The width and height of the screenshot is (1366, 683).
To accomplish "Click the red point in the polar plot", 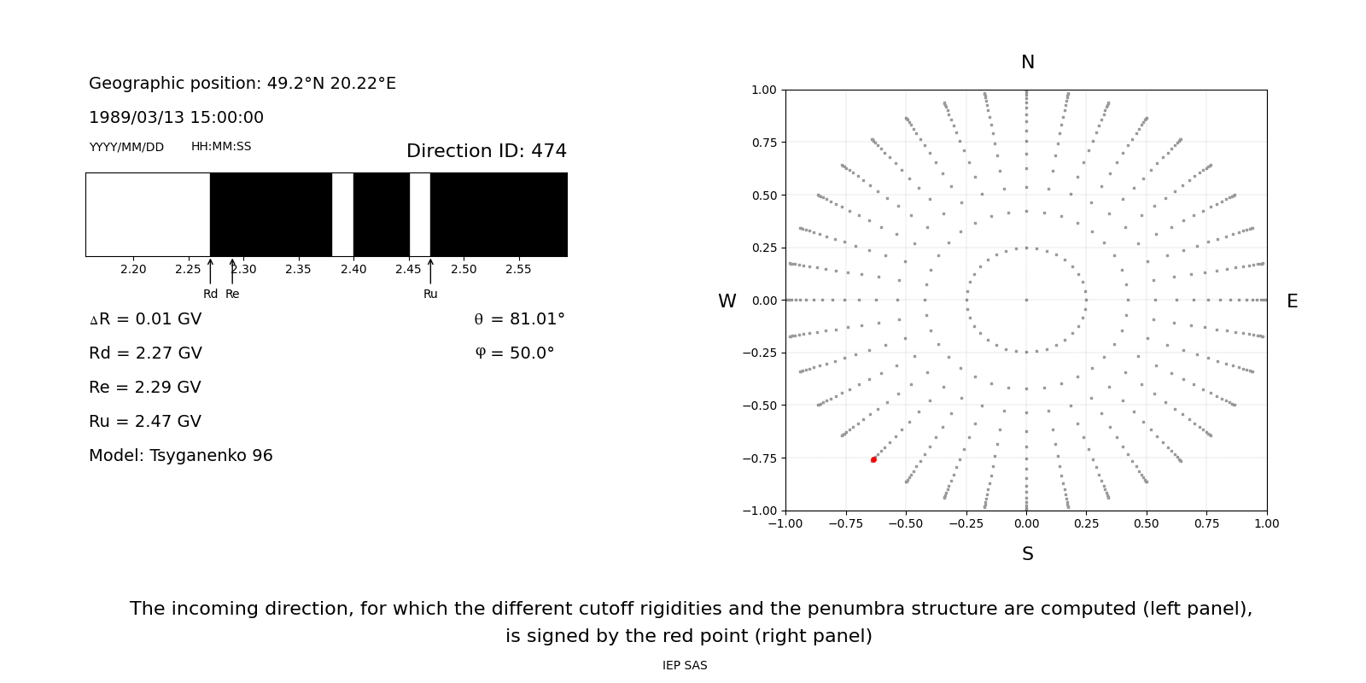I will click(873, 459).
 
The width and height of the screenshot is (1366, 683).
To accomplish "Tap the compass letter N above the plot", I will click(1027, 62).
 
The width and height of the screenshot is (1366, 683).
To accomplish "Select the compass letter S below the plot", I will click(1027, 554).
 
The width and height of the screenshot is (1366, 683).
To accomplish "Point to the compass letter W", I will click(727, 301).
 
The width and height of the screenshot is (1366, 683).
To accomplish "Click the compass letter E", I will click(1292, 301).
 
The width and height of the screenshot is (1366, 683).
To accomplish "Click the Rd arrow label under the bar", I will click(210, 294).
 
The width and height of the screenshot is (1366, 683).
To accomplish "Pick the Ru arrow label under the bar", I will click(430, 294).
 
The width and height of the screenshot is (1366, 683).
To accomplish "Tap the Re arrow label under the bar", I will click(232, 294).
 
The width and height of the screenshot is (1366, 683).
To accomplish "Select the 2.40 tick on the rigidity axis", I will click(353, 269).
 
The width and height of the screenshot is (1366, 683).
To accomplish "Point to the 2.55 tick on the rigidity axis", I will click(518, 269).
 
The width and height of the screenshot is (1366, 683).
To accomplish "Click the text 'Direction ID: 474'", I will click(486, 151).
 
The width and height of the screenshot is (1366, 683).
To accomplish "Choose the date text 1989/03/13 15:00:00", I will click(176, 118).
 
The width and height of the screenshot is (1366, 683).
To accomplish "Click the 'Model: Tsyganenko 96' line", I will click(180, 456).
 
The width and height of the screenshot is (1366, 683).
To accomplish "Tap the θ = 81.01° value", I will click(519, 319).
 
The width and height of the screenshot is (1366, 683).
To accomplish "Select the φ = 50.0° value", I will click(514, 353).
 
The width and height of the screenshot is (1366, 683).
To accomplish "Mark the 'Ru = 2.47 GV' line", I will click(144, 422).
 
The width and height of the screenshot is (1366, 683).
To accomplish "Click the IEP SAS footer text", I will click(684, 665).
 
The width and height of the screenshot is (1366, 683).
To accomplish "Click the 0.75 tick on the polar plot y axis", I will click(763, 143).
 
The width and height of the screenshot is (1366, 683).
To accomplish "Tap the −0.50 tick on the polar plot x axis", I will click(906, 523).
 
